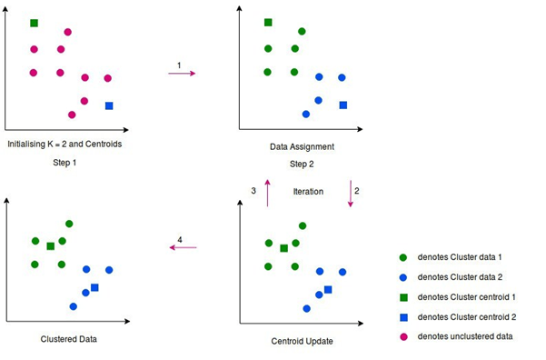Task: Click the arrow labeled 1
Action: point(182,73)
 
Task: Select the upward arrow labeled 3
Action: point(267,194)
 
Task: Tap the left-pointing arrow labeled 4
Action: point(184,247)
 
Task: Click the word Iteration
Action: point(308,191)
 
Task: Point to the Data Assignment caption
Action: point(302,145)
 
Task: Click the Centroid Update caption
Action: point(302,341)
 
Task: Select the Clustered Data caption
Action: point(67,338)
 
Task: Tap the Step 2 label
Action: point(301,165)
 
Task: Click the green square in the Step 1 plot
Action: point(34,23)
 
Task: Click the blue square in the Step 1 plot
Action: point(109,105)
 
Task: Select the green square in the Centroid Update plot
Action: point(283,247)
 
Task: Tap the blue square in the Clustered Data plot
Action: point(94,287)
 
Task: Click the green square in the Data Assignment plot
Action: point(268,23)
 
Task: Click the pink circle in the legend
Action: point(403,336)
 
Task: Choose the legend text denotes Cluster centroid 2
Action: point(466,316)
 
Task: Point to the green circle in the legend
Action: point(403,257)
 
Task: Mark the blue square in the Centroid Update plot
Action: point(328,289)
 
